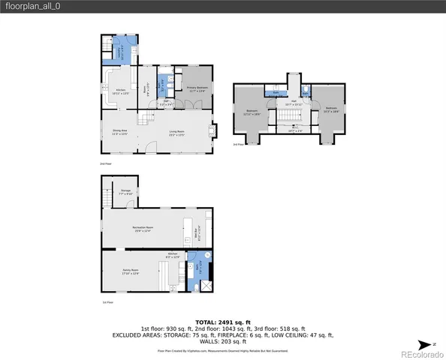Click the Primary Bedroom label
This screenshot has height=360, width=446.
coord(197,89)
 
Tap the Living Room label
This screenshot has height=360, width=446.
coord(177,133)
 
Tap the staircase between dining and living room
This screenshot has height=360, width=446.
coord(141,118)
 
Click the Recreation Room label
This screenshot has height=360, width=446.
coord(143,229)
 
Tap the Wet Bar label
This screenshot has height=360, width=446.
coord(198,232)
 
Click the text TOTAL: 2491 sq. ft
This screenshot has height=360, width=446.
coord(222,321)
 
